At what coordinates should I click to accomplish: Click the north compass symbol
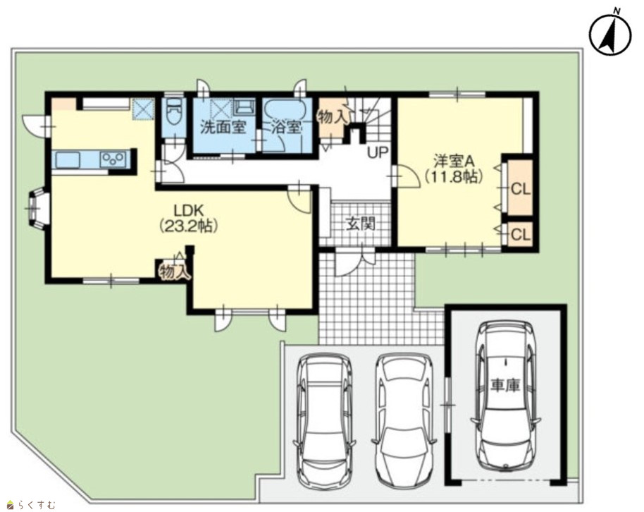point(610,35)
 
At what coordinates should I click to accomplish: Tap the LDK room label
point(189,211)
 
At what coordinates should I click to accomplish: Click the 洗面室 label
point(223,128)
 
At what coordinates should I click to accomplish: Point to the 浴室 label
point(287,128)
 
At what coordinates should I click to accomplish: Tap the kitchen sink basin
point(68,159)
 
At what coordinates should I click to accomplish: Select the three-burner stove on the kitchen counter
point(113,159)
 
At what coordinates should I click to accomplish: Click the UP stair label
point(378,153)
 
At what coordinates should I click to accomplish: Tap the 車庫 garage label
point(505,385)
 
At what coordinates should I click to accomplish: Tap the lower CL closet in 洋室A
point(521,234)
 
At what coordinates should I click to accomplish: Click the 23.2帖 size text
point(189,226)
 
